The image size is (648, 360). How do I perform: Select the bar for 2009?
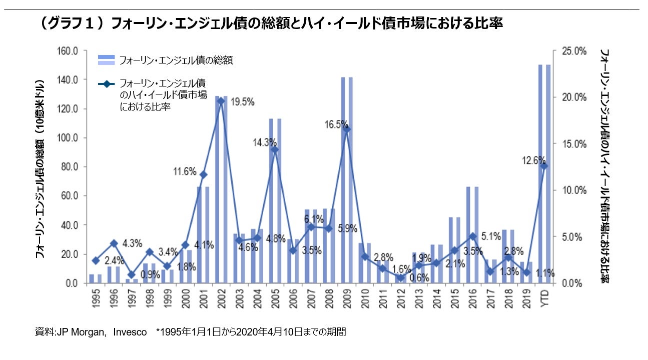point(346,180)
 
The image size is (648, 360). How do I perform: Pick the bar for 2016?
point(472,234)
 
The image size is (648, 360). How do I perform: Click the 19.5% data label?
point(243,102)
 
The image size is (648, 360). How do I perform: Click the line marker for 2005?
point(275,149)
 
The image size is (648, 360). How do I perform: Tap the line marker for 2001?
point(203,174)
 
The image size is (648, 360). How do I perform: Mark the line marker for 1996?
point(114,243)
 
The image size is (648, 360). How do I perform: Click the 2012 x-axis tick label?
point(400,299)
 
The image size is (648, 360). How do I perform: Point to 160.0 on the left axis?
point(68,51)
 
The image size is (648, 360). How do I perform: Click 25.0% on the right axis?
point(573,51)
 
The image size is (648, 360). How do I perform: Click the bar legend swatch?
point(107,60)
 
